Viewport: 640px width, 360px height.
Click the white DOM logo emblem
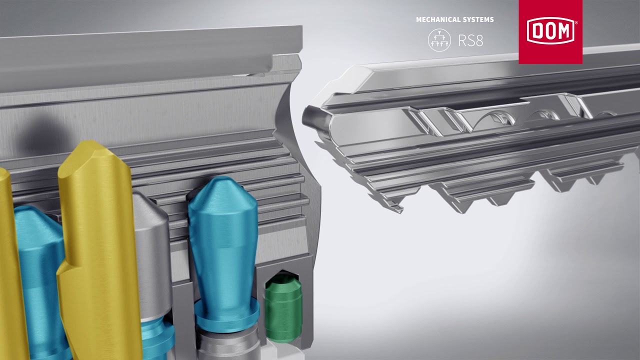[550, 31]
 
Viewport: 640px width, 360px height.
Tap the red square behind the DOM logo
[550, 31]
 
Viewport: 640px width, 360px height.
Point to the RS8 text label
[470, 40]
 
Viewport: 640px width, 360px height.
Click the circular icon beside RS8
[439, 40]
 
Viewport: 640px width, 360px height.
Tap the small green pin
[283, 308]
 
